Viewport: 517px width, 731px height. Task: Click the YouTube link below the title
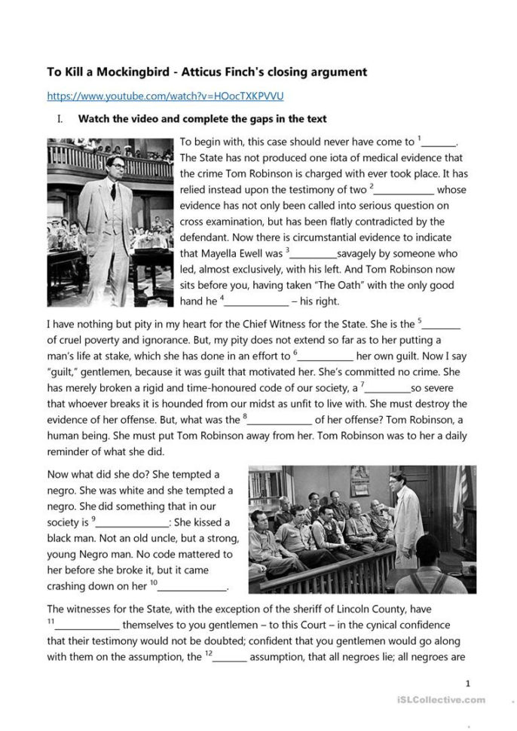tap(165, 96)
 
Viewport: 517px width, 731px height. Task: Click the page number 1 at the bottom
tap(468, 684)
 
